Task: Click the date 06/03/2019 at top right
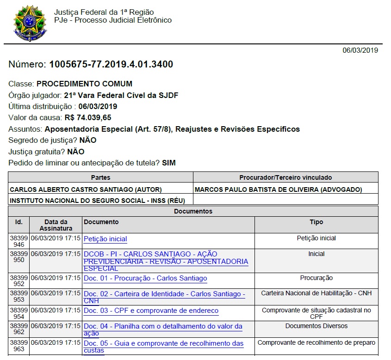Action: click(x=360, y=50)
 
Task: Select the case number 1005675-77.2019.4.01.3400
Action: click(x=111, y=65)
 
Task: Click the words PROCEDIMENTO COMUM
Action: click(x=84, y=84)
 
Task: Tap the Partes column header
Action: click(x=100, y=177)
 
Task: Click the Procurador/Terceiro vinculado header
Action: click(x=285, y=177)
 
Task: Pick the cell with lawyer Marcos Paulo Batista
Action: click(x=279, y=189)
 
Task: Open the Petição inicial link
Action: click(x=105, y=239)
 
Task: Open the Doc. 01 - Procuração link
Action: click(x=145, y=278)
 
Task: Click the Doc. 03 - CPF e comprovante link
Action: click(x=151, y=311)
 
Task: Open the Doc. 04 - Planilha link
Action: click(x=163, y=326)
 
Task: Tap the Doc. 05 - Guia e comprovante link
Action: click(x=163, y=343)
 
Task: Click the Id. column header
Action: click(x=19, y=222)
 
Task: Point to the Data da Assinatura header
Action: click(x=56, y=225)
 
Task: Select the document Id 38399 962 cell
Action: click(x=19, y=329)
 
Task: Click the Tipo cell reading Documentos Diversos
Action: click(x=317, y=326)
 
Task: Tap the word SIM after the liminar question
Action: click(x=169, y=163)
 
